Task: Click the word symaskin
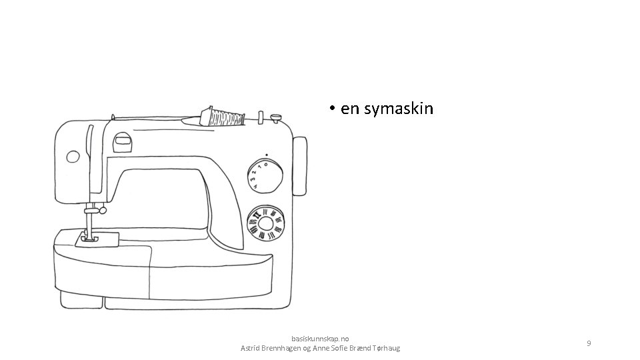399,109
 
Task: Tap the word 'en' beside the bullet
349,109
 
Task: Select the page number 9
589,343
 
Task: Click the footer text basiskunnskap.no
320,339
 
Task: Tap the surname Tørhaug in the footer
382,348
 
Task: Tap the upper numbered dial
265,175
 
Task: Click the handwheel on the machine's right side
300,166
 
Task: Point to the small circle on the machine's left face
73,157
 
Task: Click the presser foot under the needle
87,237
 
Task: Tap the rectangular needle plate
97,239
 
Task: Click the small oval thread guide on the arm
122,139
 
